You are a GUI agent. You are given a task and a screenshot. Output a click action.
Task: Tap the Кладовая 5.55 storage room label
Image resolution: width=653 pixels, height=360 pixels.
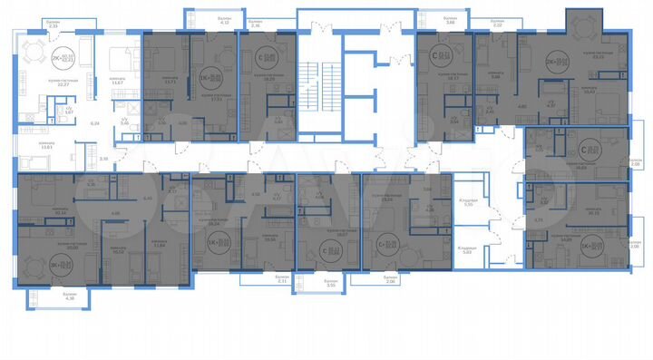pyautogui.click(x=468, y=203)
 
